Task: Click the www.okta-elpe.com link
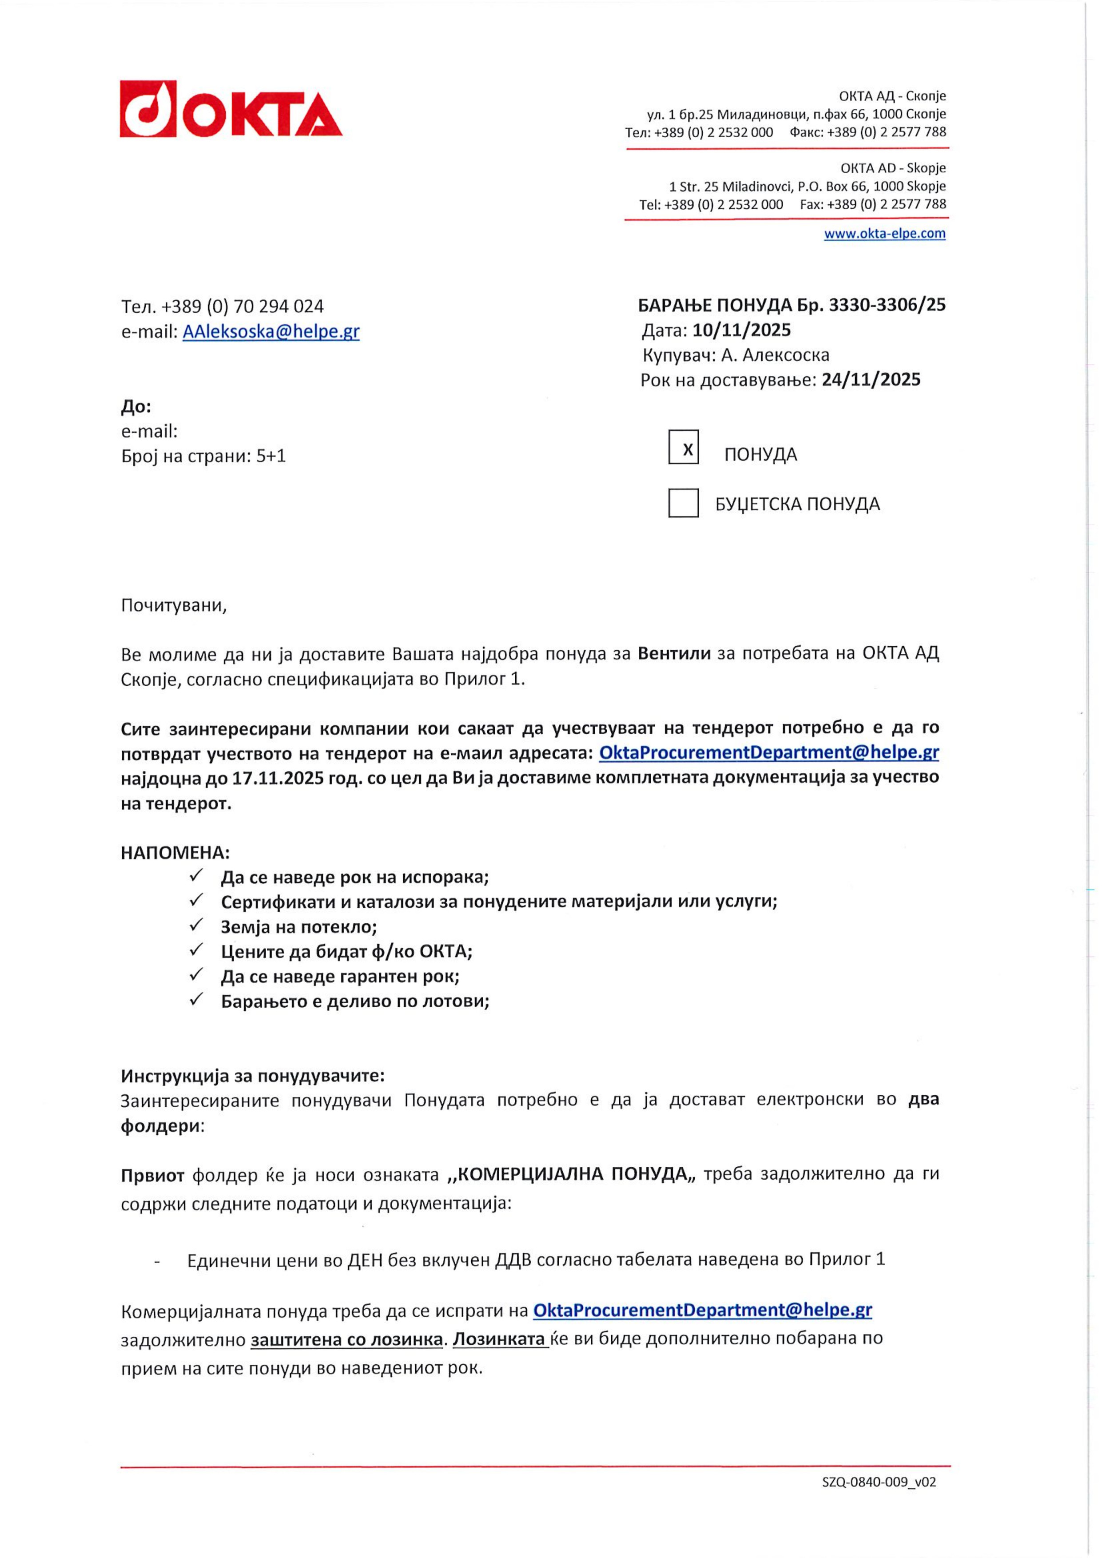point(884,234)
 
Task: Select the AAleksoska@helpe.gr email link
point(271,332)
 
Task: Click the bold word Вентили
point(674,653)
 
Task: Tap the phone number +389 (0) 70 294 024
point(242,307)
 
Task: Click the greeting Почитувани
point(174,605)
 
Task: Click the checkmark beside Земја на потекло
point(197,926)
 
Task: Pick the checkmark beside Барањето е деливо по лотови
point(197,1000)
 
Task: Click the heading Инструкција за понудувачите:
point(252,1076)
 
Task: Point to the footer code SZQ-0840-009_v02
point(879,1501)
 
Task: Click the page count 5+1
point(271,456)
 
